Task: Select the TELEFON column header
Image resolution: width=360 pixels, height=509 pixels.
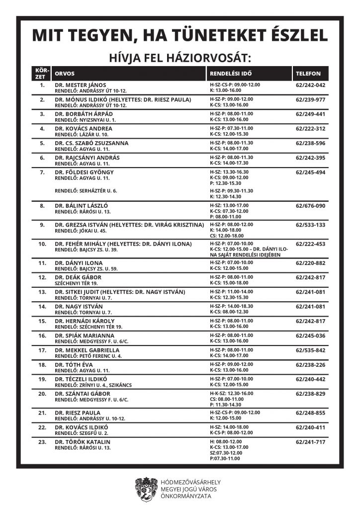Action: click(x=308, y=73)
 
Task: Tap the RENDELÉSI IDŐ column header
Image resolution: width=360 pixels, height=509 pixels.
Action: click(x=230, y=73)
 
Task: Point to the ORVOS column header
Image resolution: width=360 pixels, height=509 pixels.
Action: click(x=65, y=73)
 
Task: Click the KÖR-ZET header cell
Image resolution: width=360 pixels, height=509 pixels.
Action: click(x=41, y=73)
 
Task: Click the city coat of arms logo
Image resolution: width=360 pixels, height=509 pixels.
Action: click(x=147, y=489)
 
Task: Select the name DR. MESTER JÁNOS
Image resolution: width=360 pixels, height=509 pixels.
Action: click(x=81, y=85)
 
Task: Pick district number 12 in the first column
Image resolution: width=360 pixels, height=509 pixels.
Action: click(x=42, y=277)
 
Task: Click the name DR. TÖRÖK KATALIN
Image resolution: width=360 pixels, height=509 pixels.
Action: click(x=83, y=442)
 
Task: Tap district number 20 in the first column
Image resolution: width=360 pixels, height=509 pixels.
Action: click(x=42, y=394)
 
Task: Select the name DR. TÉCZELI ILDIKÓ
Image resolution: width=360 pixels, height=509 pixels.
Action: click(x=83, y=379)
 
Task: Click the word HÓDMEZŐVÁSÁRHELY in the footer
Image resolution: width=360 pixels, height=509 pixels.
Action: click(x=191, y=482)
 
